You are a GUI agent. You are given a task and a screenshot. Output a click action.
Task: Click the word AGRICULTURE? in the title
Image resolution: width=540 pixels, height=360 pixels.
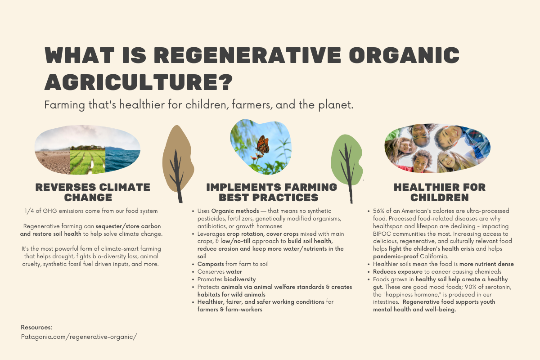point(139,82)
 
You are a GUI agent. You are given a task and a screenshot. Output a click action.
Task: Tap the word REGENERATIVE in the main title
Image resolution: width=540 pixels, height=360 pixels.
point(247,55)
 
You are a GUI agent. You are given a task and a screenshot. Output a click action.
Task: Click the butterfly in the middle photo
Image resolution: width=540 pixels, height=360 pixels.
point(262,145)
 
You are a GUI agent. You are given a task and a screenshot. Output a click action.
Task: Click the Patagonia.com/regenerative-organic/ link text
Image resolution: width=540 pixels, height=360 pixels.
point(79,337)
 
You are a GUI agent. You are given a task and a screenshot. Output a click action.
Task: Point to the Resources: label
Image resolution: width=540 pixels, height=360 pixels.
point(36,327)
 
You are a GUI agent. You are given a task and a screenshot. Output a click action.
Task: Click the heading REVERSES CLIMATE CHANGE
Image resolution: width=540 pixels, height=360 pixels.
point(93,193)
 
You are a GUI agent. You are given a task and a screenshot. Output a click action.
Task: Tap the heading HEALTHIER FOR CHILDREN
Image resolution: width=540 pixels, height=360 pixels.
point(440,193)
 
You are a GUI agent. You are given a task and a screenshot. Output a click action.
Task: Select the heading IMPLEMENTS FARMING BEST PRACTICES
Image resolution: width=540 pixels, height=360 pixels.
point(271,193)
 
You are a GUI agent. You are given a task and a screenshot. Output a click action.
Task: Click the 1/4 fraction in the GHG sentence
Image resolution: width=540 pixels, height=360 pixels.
point(29,211)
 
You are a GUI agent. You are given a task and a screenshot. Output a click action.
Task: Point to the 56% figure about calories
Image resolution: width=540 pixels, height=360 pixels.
point(378,211)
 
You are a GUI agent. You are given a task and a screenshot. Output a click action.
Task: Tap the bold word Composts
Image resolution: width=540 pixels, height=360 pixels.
point(211,264)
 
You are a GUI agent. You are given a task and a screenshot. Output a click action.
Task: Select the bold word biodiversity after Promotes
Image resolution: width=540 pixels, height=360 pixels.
point(240,279)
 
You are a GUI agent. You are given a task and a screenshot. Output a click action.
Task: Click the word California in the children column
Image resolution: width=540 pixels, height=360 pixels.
point(434,256)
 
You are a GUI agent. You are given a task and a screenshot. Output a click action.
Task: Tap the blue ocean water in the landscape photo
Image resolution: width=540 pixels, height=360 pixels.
point(122,159)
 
